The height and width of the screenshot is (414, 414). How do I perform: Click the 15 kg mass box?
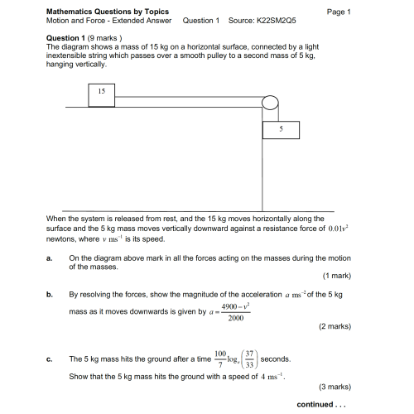(x=101, y=95)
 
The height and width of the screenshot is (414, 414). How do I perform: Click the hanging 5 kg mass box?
(x=281, y=130)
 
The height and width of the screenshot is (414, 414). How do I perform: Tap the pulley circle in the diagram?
(x=270, y=103)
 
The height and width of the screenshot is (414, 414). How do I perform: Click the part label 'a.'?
(x=50, y=258)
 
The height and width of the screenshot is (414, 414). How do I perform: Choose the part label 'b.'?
(x=50, y=294)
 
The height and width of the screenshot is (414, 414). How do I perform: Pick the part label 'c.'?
(x=50, y=359)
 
